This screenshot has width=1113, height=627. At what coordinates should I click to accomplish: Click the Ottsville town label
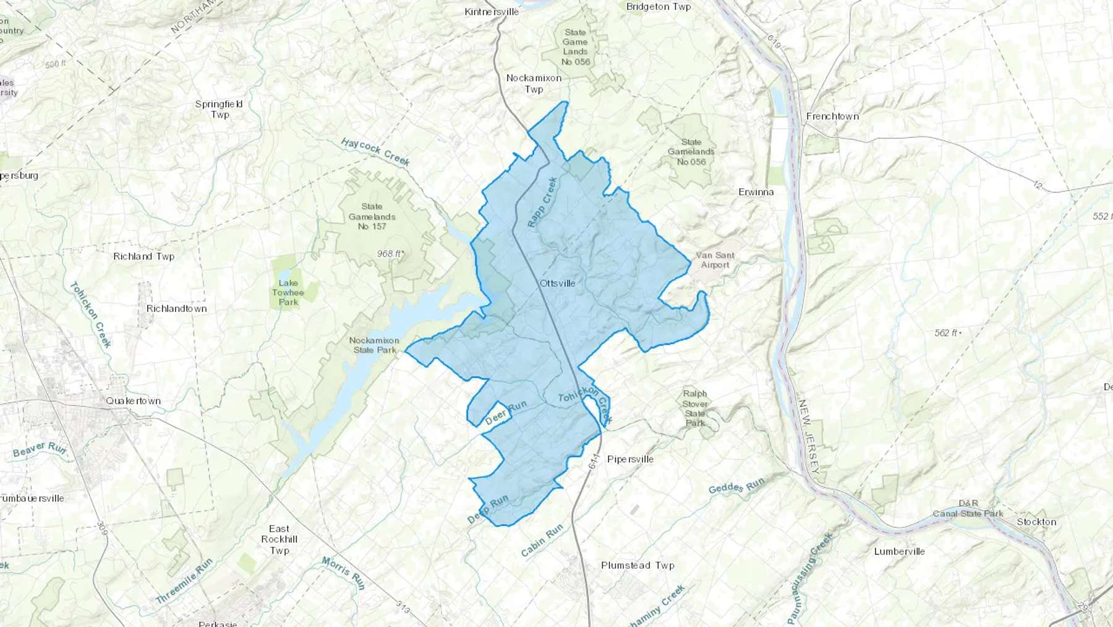pos(557,283)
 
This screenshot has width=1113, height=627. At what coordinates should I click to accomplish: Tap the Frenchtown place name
pos(832,116)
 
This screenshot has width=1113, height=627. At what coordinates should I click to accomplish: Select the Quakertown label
pos(133,401)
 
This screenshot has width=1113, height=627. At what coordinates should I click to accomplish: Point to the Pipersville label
pos(630,459)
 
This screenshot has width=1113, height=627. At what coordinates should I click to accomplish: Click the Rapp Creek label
pos(542,202)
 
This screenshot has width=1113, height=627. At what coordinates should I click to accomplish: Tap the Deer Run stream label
pos(506,412)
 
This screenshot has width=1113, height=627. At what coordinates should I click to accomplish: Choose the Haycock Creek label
pos(375,152)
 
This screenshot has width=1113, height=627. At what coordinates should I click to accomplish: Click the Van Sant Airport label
pos(715,260)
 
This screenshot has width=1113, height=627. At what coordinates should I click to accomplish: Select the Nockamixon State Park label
pos(373,345)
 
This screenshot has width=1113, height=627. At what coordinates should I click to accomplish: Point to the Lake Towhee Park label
pos(288,292)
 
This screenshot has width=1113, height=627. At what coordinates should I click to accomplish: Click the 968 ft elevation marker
pos(390,254)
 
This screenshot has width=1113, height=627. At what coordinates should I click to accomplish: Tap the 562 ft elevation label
pos(947,333)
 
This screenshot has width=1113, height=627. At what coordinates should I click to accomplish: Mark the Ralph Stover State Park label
pos(695,408)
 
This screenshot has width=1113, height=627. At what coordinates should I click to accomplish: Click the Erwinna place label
pos(756,192)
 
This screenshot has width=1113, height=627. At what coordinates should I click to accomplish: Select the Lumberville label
pos(899,551)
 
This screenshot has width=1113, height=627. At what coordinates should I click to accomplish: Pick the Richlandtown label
pos(176,309)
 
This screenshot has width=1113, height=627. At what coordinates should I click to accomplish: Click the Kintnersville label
pos(492,12)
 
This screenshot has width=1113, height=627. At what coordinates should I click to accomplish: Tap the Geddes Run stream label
pos(736,486)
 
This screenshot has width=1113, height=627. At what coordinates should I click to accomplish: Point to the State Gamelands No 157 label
pos(372,217)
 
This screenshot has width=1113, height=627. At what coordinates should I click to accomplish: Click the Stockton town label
pos(1036,522)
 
